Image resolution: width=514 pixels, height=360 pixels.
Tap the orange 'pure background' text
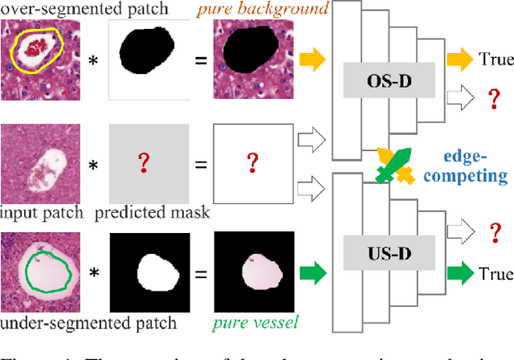tap(261, 10)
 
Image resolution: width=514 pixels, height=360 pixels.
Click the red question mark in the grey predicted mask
tap(145, 165)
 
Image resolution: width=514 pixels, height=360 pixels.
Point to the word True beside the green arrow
tap(496, 273)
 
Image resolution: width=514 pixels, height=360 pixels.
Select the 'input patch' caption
tap(39, 213)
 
